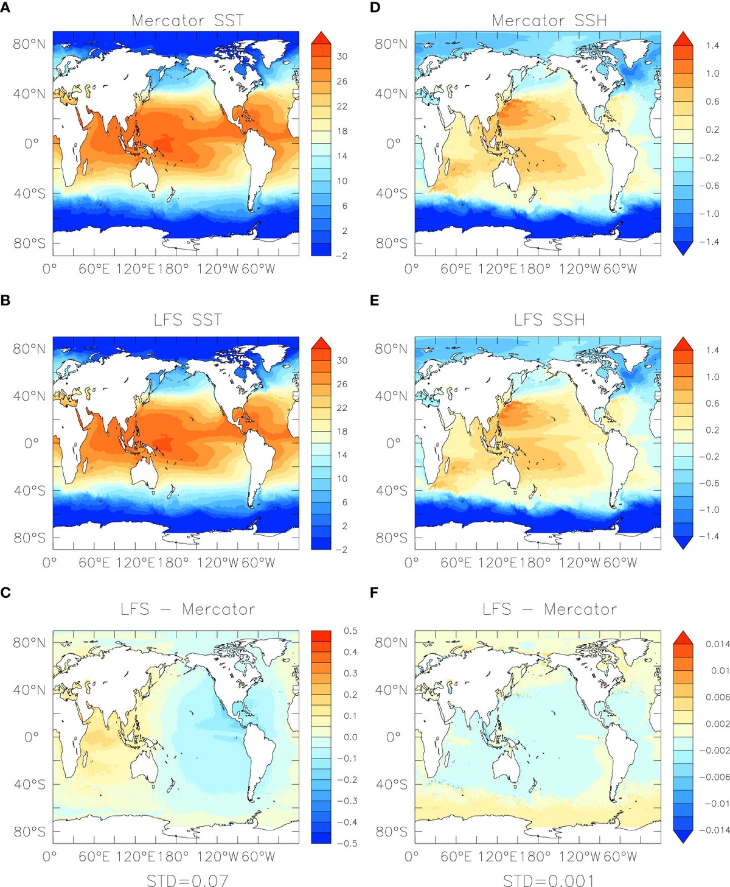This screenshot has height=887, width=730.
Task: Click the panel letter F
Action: tap(375, 592)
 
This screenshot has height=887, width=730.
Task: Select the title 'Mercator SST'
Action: tap(187, 20)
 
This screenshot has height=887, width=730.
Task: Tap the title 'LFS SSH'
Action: tap(549, 320)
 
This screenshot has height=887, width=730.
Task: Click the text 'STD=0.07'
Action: tap(187, 880)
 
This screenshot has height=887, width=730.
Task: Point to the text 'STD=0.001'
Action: tap(549, 880)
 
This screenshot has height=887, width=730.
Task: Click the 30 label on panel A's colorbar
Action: tap(342, 57)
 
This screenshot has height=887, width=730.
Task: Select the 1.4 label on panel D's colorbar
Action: tap(712, 46)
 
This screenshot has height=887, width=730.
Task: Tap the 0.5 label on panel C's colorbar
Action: tap(350, 631)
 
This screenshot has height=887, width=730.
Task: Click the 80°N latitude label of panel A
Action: tap(29, 44)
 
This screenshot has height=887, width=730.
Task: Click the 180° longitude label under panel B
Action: tap(172, 563)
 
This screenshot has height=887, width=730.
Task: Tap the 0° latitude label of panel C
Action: tap(31, 737)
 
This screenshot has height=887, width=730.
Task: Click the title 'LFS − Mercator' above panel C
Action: tap(187, 609)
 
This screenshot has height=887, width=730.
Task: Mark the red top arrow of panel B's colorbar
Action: tap(321, 342)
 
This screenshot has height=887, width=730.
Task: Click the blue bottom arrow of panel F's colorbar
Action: tap(683, 836)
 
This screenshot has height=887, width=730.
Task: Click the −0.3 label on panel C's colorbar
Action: tap(349, 801)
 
